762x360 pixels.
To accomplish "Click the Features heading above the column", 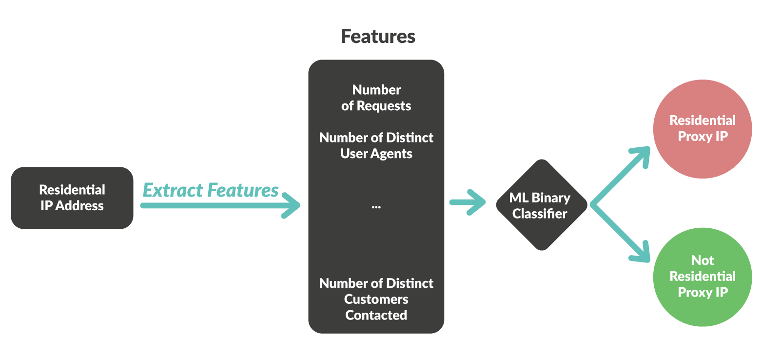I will pyautogui.click(x=378, y=37).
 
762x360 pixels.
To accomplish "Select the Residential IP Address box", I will pyautogui.click(x=72, y=198).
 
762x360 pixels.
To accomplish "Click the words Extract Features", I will pyautogui.click(x=211, y=190).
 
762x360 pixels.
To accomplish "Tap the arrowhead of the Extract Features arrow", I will pyautogui.click(x=293, y=205).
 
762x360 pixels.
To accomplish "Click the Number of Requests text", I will pyautogui.click(x=376, y=98).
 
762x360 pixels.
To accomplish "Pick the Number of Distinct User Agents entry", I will pyautogui.click(x=376, y=145).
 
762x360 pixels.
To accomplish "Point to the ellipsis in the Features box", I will pyautogui.click(x=376, y=207).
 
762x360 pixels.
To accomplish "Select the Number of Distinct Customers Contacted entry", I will pyautogui.click(x=376, y=299).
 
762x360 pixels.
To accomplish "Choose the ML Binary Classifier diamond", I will pyautogui.click(x=540, y=205).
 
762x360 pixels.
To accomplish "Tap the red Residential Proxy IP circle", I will pyautogui.click(x=703, y=128).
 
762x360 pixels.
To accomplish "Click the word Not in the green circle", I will pyautogui.click(x=703, y=260).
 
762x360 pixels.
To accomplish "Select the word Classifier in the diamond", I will pyautogui.click(x=540, y=214).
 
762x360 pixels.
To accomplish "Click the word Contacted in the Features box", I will pyautogui.click(x=376, y=315).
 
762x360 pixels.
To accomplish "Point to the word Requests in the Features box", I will pyautogui.click(x=384, y=106).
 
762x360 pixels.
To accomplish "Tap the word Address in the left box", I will pyautogui.click(x=79, y=206).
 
